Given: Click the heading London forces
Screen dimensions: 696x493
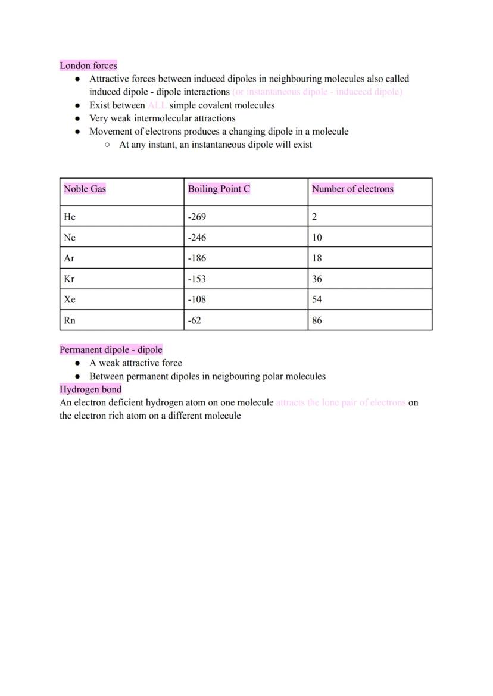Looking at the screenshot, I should (x=88, y=65).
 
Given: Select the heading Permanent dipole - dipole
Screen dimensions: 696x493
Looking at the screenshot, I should (x=111, y=349).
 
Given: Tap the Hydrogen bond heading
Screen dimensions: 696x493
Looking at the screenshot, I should (x=91, y=389).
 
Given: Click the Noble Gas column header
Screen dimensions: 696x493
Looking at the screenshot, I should (x=85, y=189).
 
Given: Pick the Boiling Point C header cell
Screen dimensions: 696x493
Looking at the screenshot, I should (x=219, y=189).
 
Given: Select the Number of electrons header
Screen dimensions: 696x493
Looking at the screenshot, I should (x=352, y=189).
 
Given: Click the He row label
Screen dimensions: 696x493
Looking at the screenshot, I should (x=70, y=217).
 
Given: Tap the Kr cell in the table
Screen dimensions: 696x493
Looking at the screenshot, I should (x=69, y=279).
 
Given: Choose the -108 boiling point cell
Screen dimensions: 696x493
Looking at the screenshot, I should (x=196, y=299).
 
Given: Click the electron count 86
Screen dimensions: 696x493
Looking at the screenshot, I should (x=317, y=320).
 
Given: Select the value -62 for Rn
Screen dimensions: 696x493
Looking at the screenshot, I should (x=194, y=320).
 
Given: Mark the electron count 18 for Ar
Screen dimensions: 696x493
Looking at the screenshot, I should (x=317, y=258).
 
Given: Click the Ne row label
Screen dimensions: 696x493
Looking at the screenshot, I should (x=70, y=238).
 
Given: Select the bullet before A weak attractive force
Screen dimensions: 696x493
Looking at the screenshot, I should (x=77, y=363).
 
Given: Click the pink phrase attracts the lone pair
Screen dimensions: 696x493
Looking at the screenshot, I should (x=341, y=402).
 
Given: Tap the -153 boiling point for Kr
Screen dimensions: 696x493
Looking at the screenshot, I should (x=196, y=279).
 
